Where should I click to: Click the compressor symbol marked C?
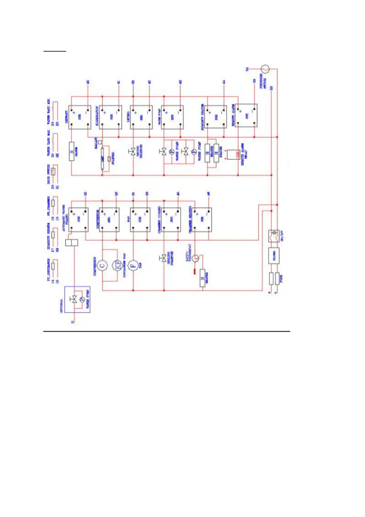[102, 265]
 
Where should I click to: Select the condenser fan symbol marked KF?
[117, 265]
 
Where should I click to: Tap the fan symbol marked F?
[133, 265]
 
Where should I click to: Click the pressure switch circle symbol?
[265, 69]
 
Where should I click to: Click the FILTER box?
[274, 255]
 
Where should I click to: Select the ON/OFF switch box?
[274, 236]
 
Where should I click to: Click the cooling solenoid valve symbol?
[164, 258]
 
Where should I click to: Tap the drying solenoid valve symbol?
[133, 151]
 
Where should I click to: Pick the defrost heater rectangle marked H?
[72, 151]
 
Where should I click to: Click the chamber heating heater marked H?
[202, 278]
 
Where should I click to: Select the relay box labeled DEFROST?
[80, 117]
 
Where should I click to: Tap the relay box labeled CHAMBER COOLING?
[172, 220]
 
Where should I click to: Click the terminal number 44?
[224, 82]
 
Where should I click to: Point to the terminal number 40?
[88, 82]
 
